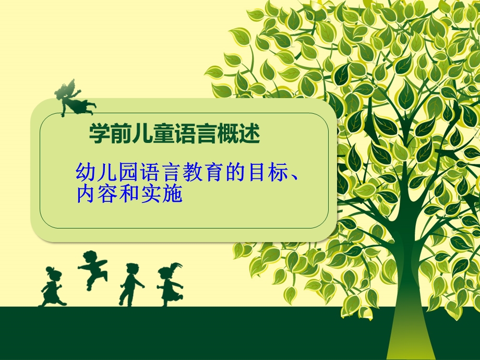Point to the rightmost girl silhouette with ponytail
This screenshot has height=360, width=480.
pos(170,285)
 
